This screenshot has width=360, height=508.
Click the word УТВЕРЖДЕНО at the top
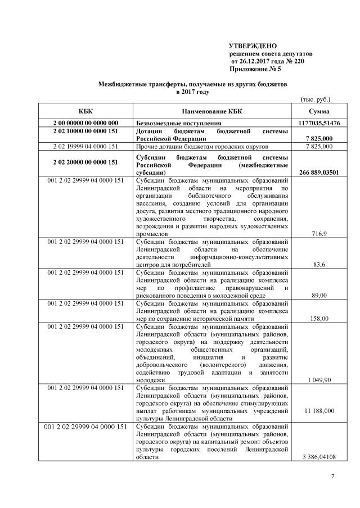(x=253, y=45)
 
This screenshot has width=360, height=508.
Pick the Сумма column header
(x=319, y=111)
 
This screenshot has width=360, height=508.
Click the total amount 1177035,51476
(x=319, y=123)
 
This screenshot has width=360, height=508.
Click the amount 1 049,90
(x=319, y=380)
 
